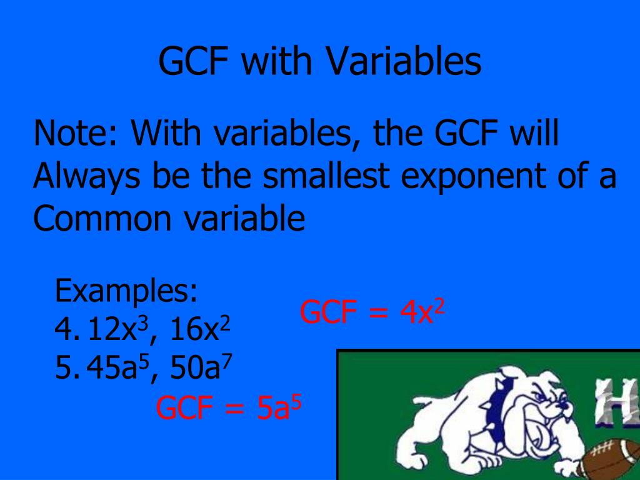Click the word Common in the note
pyautogui.click(x=101, y=218)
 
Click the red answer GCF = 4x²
pyautogui.click(x=372, y=312)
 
